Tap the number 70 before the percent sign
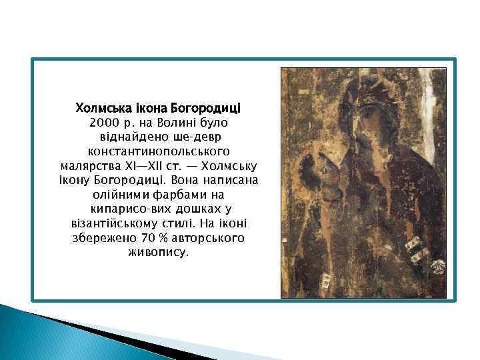pyautogui.click(x=147, y=238)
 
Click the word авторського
pyautogui.click(x=207, y=238)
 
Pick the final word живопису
pyautogui.click(x=158, y=253)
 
